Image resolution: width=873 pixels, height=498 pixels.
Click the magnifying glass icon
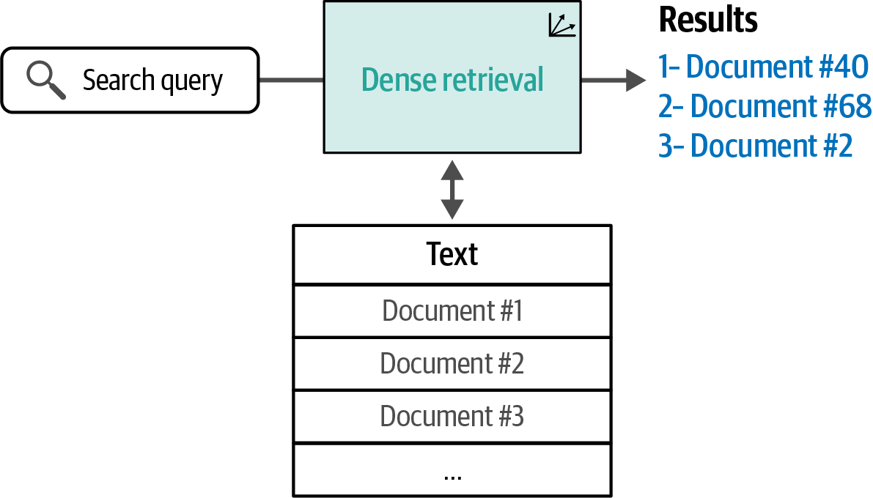pos(45,79)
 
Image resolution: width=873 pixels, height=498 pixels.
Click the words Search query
pos(152,80)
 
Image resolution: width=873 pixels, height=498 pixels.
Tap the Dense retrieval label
pos(452,79)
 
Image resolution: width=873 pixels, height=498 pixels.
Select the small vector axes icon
pos(561,26)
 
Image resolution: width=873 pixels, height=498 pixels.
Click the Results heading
pos(707,21)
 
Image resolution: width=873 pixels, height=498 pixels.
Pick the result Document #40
pos(763,67)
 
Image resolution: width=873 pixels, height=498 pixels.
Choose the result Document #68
pos(765,106)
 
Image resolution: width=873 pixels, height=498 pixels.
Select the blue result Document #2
pos(755,146)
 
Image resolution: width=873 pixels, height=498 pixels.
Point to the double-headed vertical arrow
pos(452,189)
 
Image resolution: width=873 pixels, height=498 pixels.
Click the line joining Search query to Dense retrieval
pos(291,79)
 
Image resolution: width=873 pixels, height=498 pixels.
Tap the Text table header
pos(452,254)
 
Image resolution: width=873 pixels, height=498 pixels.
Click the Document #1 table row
pos(452,311)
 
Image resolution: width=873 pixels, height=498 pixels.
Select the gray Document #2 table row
pos(452,363)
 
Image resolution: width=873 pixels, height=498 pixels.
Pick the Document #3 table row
pos(452,416)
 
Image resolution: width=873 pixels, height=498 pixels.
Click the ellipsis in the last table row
pos(452,475)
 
